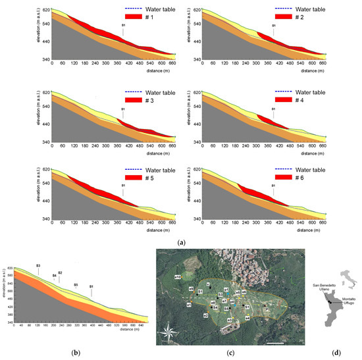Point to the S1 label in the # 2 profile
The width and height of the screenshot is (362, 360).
point(274,26)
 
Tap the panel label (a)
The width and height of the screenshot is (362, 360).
point(181,243)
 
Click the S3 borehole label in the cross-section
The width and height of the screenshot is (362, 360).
point(38,265)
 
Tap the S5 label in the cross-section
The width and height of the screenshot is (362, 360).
point(76,285)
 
